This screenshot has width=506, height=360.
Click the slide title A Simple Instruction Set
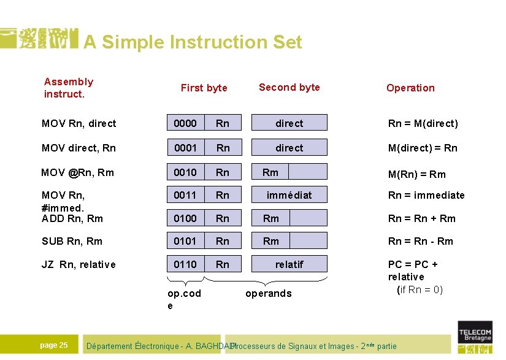[x=193, y=42]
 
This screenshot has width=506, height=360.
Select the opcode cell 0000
[x=185, y=123]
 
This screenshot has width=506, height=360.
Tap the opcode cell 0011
[x=185, y=195]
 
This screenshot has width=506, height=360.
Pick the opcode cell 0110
[x=185, y=264]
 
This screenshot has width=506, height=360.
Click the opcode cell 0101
[x=185, y=241]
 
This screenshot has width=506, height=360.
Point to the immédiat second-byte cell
[x=289, y=195]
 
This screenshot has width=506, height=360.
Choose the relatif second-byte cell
[x=289, y=264]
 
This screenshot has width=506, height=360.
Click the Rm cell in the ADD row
[x=270, y=218]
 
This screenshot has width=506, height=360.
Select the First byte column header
[x=204, y=88]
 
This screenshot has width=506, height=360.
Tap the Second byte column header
[x=289, y=87]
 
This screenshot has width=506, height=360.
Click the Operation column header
[x=410, y=88]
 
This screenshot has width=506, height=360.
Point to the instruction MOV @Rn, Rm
[x=77, y=172]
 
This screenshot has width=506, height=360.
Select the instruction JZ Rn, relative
[x=79, y=264]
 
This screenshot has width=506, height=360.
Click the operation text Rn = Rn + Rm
[x=422, y=218]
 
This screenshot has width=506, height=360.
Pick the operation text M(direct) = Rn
[x=423, y=148]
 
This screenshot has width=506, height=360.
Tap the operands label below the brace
[x=268, y=293]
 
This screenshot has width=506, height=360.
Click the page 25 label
[x=54, y=345]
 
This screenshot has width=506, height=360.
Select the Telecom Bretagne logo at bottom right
[x=475, y=336]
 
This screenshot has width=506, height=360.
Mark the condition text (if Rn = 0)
[x=420, y=289]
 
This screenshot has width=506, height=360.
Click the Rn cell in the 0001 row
[x=223, y=148]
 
